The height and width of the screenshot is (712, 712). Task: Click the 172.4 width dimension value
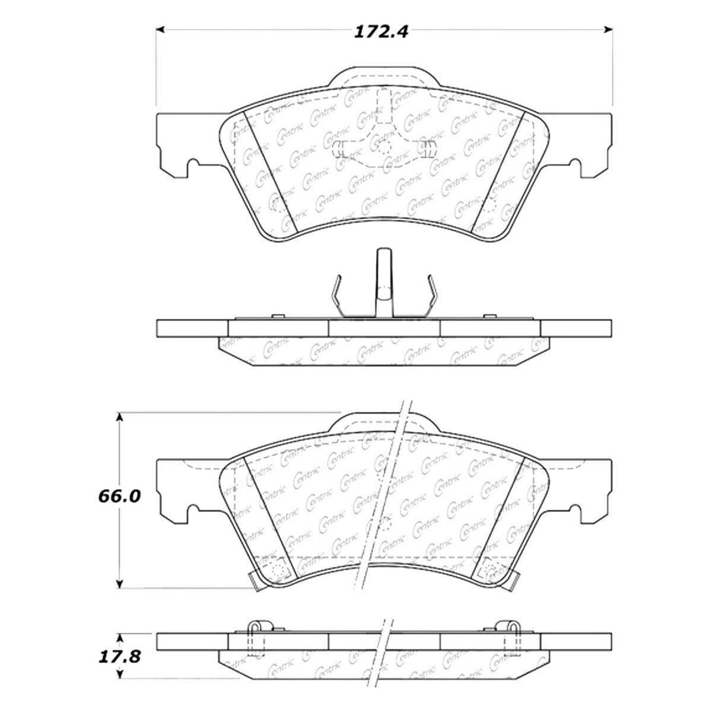click(381, 32)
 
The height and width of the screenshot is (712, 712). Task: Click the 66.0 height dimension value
click(119, 496)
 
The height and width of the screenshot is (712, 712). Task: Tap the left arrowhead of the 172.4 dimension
click(160, 30)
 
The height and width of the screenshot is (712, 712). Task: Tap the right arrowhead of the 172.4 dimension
click(608, 30)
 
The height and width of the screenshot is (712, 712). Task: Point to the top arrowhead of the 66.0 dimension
click(119, 417)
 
